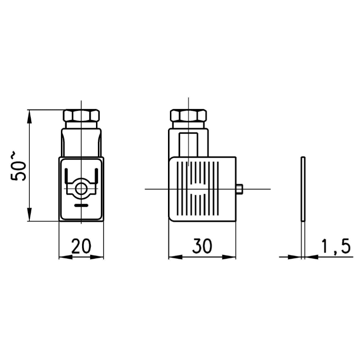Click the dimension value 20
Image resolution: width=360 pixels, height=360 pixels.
pos(81,246)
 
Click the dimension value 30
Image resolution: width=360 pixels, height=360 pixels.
pos(202,246)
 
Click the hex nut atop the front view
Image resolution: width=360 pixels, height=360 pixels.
pos(81,116)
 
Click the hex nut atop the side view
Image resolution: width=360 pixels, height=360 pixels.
pos(188,116)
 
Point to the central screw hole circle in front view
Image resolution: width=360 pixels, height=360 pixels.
pos(81,189)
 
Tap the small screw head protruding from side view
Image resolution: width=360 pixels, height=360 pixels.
pos(239,189)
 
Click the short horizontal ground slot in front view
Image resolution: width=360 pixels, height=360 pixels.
pos(81,205)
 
